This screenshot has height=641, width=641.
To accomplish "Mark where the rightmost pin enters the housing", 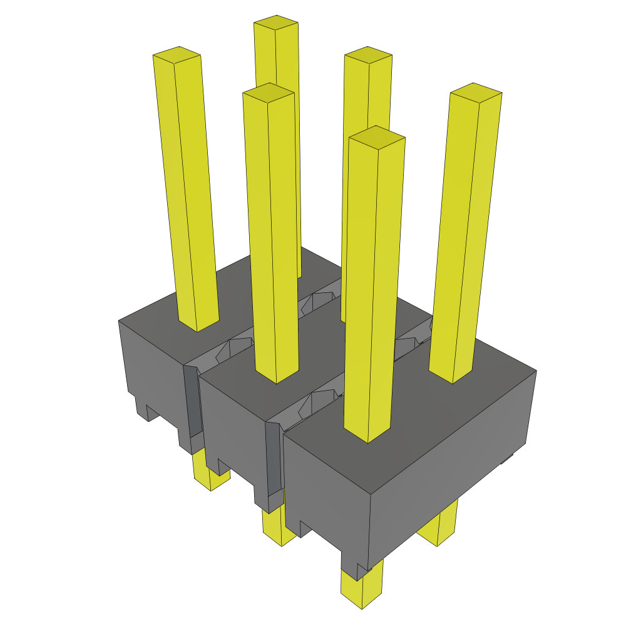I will pos(451,376).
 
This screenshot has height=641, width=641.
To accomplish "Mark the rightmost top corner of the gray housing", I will pos(536,371).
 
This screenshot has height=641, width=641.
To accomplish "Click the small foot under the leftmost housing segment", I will pos(141,407).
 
